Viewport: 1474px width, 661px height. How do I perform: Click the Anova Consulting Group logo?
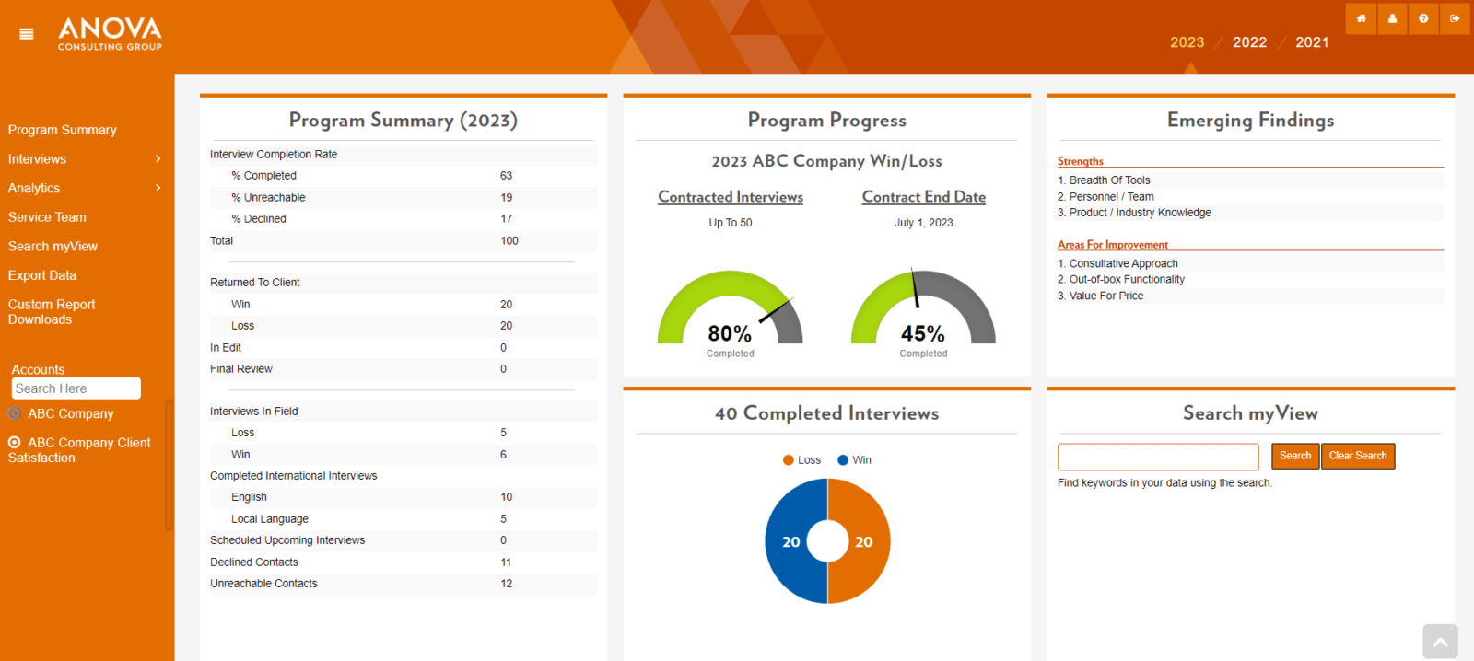click(x=110, y=34)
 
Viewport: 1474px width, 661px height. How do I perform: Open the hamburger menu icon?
click(x=27, y=34)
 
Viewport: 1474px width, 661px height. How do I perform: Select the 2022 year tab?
click(x=1249, y=42)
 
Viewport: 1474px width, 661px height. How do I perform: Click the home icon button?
click(x=1361, y=18)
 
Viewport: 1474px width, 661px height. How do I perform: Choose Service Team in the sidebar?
click(x=47, y=217)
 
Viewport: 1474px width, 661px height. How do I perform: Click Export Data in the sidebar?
click(x=42, y=275)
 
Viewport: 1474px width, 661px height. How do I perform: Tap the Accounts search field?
click(x=76, y=388)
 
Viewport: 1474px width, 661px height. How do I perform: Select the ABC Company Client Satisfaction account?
click(x=80, y=449)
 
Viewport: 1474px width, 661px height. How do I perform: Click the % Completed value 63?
click(x=506, y=176)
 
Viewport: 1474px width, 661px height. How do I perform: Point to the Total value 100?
click(x=509, y=241)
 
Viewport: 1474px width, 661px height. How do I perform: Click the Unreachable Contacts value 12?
click(x=506, y=584)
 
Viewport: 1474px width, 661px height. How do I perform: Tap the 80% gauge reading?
click(x=730, y=333)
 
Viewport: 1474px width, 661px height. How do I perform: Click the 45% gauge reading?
click(x=923, y=333)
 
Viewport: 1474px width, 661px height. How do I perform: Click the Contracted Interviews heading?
click(x=731, y=197)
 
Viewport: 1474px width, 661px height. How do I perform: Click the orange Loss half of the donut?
click(x=865, y=541)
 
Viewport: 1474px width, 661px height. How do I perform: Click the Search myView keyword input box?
click(x=1158, y=457)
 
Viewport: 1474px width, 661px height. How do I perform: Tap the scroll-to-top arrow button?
click(x=1440, y=642)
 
